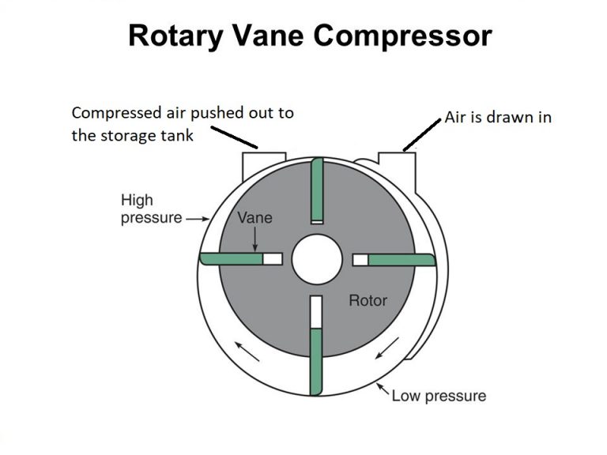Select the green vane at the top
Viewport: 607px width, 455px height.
[x=316, y=190]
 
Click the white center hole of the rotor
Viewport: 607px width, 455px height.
[x=316, y=259]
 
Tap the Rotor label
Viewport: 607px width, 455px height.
[x=368, y=300]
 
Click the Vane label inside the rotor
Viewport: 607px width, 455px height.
[x=254, y=216]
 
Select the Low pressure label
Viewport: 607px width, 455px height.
[x=439, y=394]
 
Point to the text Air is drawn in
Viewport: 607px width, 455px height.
[x=497, y=117]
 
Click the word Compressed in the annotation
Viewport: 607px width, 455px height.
[x=111, y=113]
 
